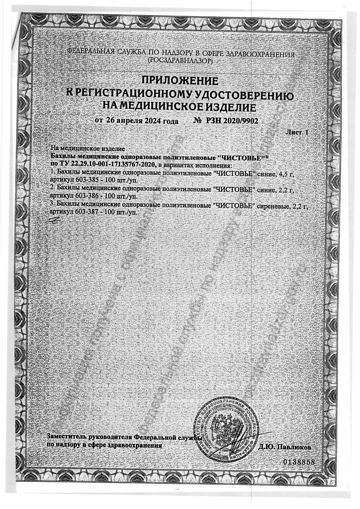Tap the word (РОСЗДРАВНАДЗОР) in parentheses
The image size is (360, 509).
tap(180, 60)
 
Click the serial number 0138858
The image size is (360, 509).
tap(299, 462)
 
